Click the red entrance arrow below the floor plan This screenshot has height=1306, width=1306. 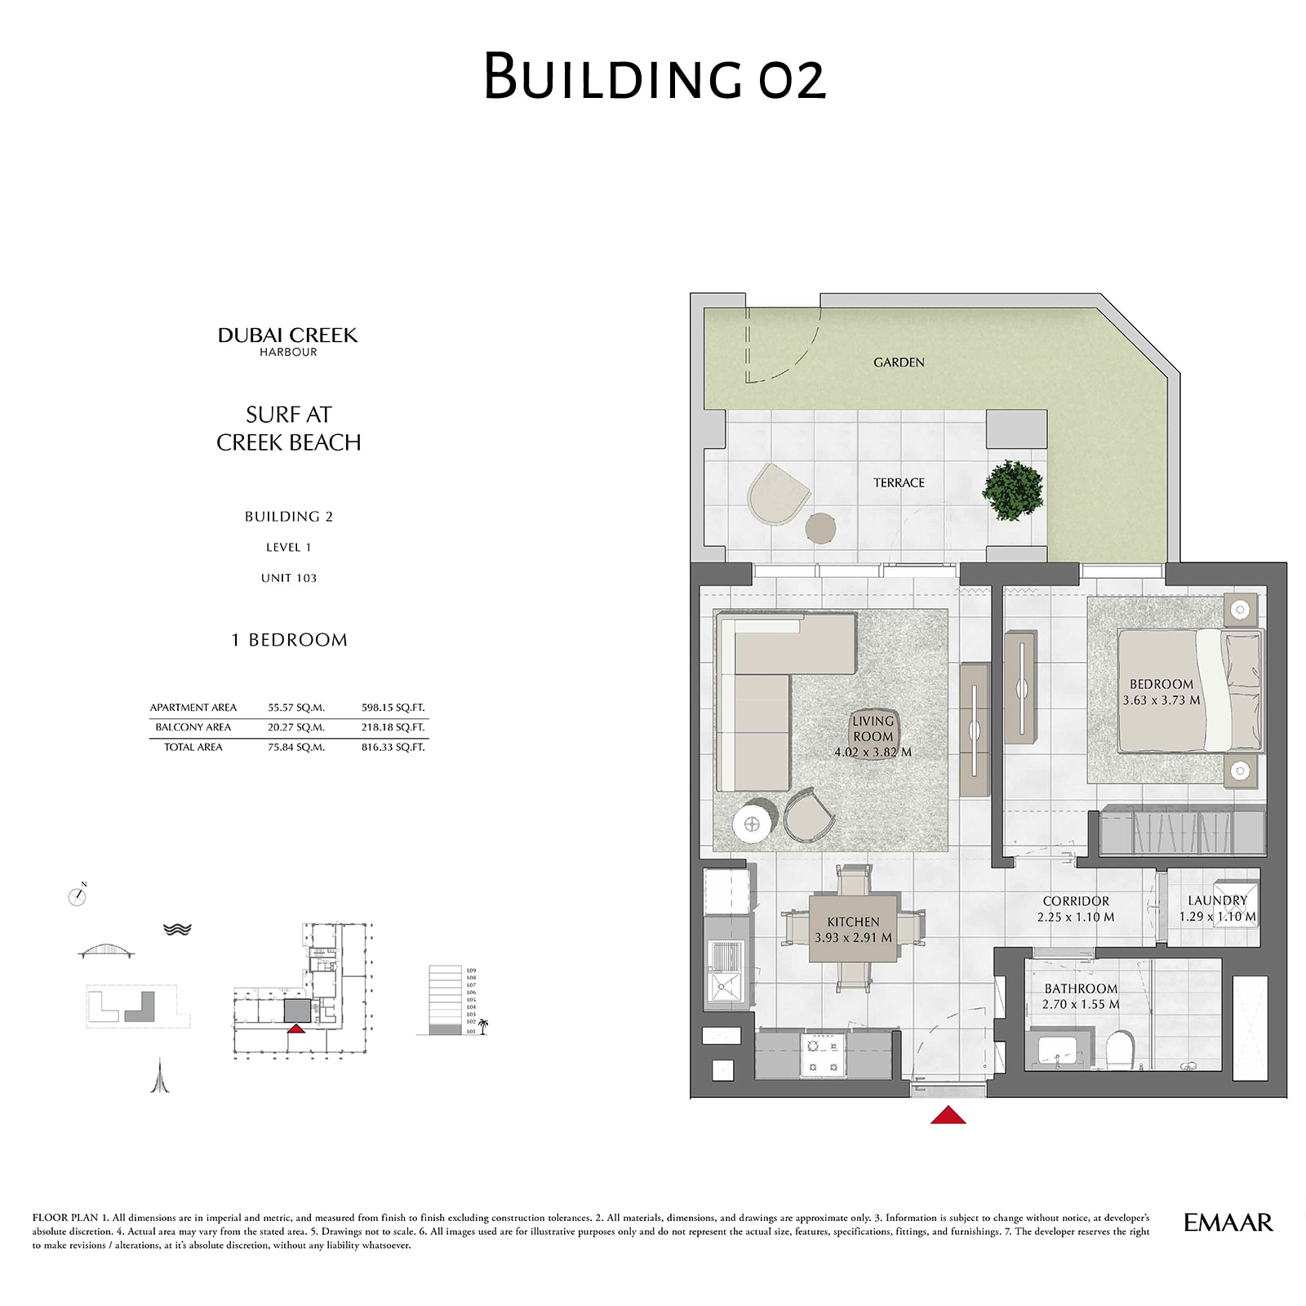948,1115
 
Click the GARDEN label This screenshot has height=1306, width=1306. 899,362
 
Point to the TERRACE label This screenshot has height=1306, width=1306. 899,483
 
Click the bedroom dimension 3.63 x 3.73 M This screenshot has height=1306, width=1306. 1161,700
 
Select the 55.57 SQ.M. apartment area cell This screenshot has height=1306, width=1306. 296,708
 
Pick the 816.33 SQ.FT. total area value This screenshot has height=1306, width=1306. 393,747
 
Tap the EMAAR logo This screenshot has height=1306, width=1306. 1228,1222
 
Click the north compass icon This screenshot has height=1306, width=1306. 78,896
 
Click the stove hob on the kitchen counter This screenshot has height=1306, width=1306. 822,1055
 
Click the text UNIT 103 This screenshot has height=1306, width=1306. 289,578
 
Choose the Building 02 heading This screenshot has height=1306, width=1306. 654,78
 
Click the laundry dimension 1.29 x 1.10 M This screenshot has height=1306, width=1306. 1217,917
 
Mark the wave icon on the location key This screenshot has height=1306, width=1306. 177,929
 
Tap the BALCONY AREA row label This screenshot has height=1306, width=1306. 193,727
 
